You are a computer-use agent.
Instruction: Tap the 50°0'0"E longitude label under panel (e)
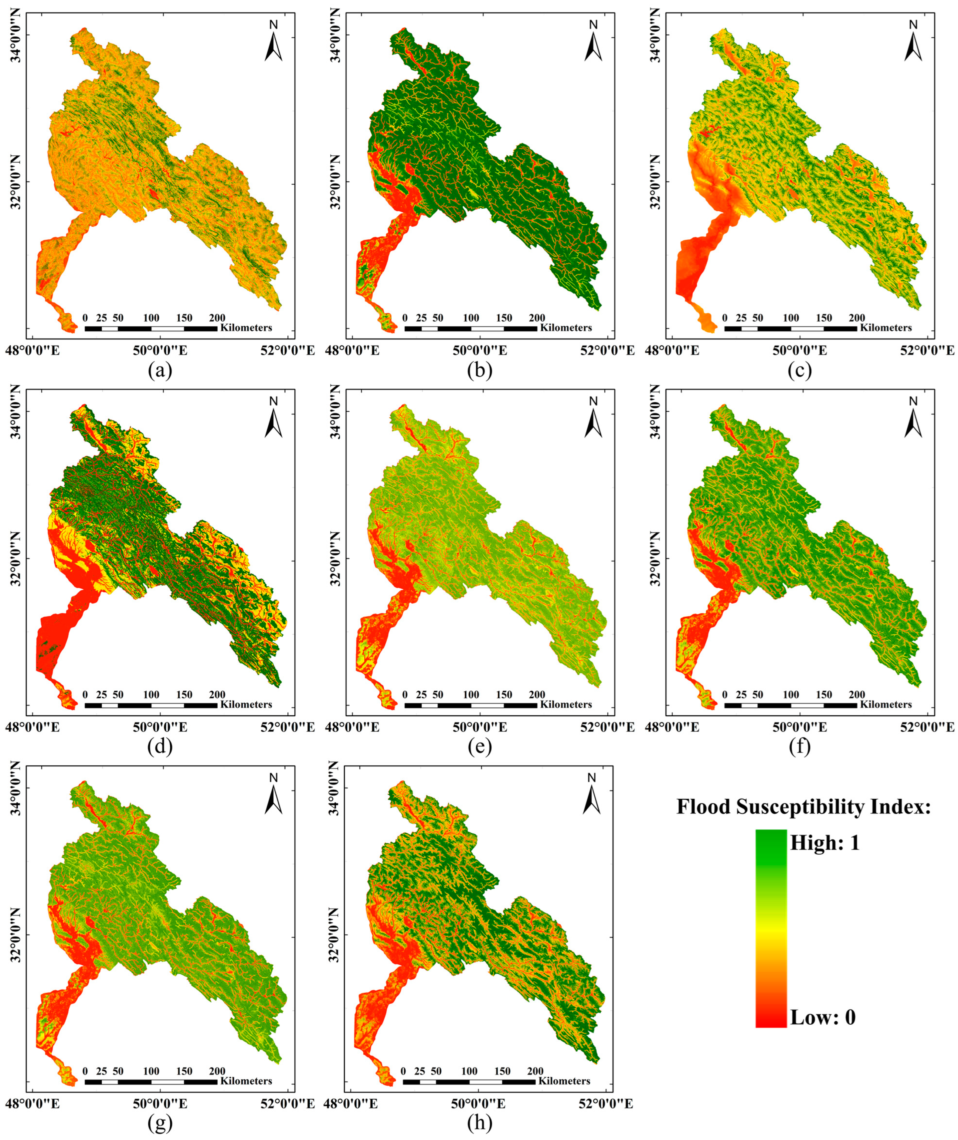pos(480,727)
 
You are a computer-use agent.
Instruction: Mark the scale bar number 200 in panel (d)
pos(217,695)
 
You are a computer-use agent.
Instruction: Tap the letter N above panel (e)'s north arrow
pos(593,401)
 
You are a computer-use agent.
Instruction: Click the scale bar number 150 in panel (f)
pos(824,695)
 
